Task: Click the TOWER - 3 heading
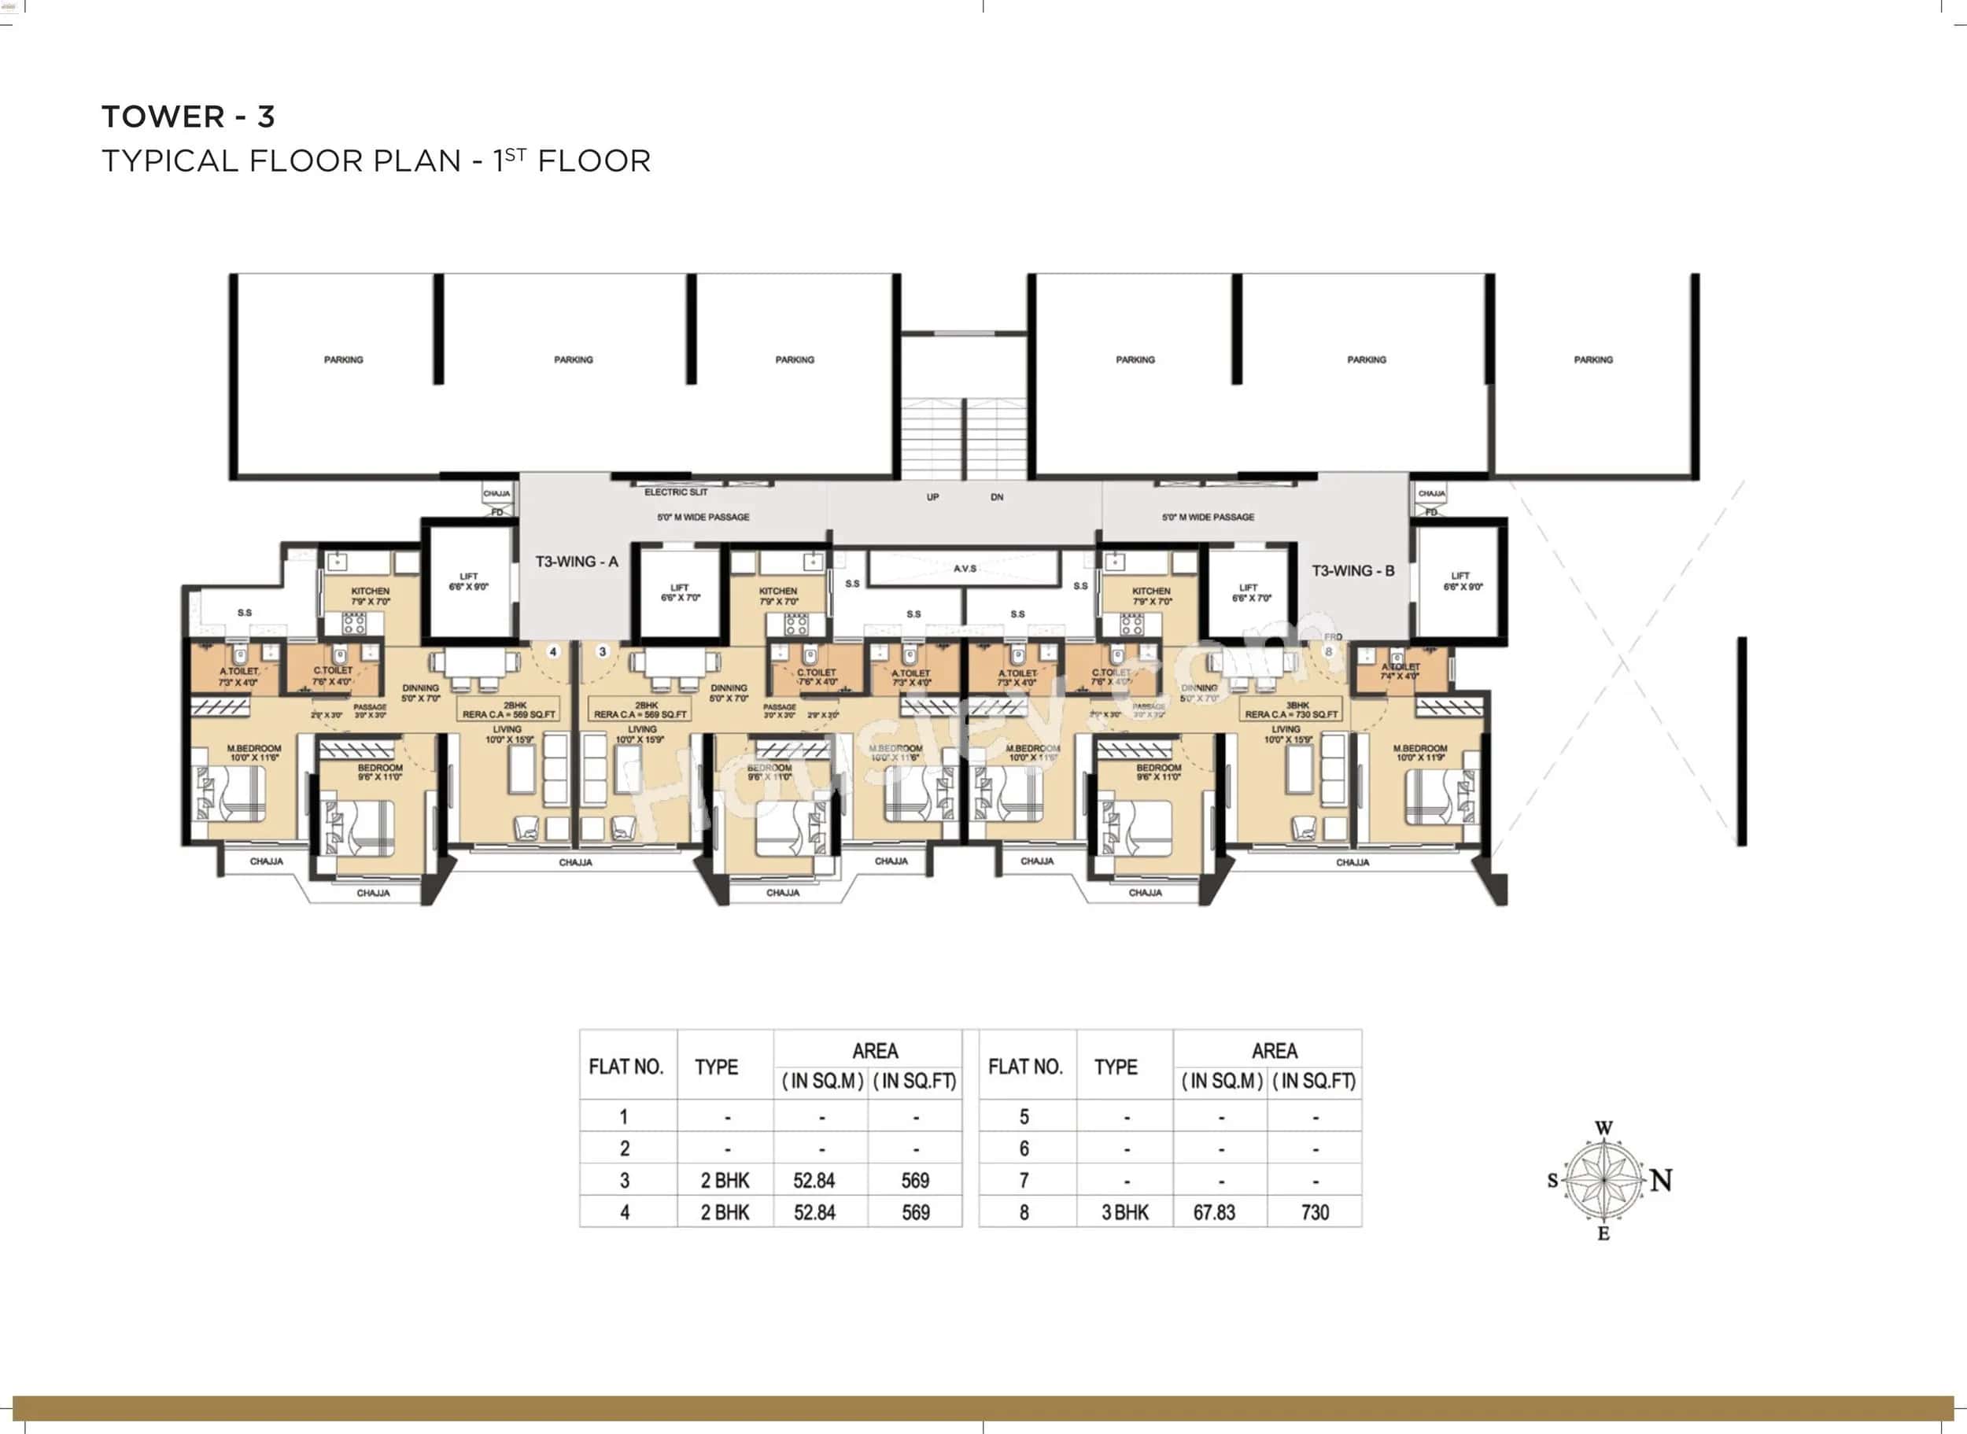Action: coord(188,116)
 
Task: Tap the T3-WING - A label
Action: coord(577,562)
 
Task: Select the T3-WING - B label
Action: coord(1353,570)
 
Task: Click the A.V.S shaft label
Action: coord(965,569)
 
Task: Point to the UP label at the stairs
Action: coord(932,497)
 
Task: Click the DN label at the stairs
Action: coord(997,497)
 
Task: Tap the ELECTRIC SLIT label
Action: coord(675,492)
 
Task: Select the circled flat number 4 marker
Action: coord(553,651)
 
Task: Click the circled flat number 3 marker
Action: coord(603,651)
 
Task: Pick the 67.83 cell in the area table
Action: coord(1213,1213)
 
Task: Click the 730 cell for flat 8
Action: coord(1314,1213)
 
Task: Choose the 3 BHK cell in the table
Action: coord(1124,1213)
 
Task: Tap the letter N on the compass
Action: coord(1661,1181)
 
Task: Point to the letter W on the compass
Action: coord(1603,1129)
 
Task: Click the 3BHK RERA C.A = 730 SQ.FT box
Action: coord(1291,710)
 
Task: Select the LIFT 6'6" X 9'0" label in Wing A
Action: coord(468,581)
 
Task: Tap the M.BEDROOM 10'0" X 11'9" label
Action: coord(1419,753)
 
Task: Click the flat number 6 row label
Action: coord(1024,1148)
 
